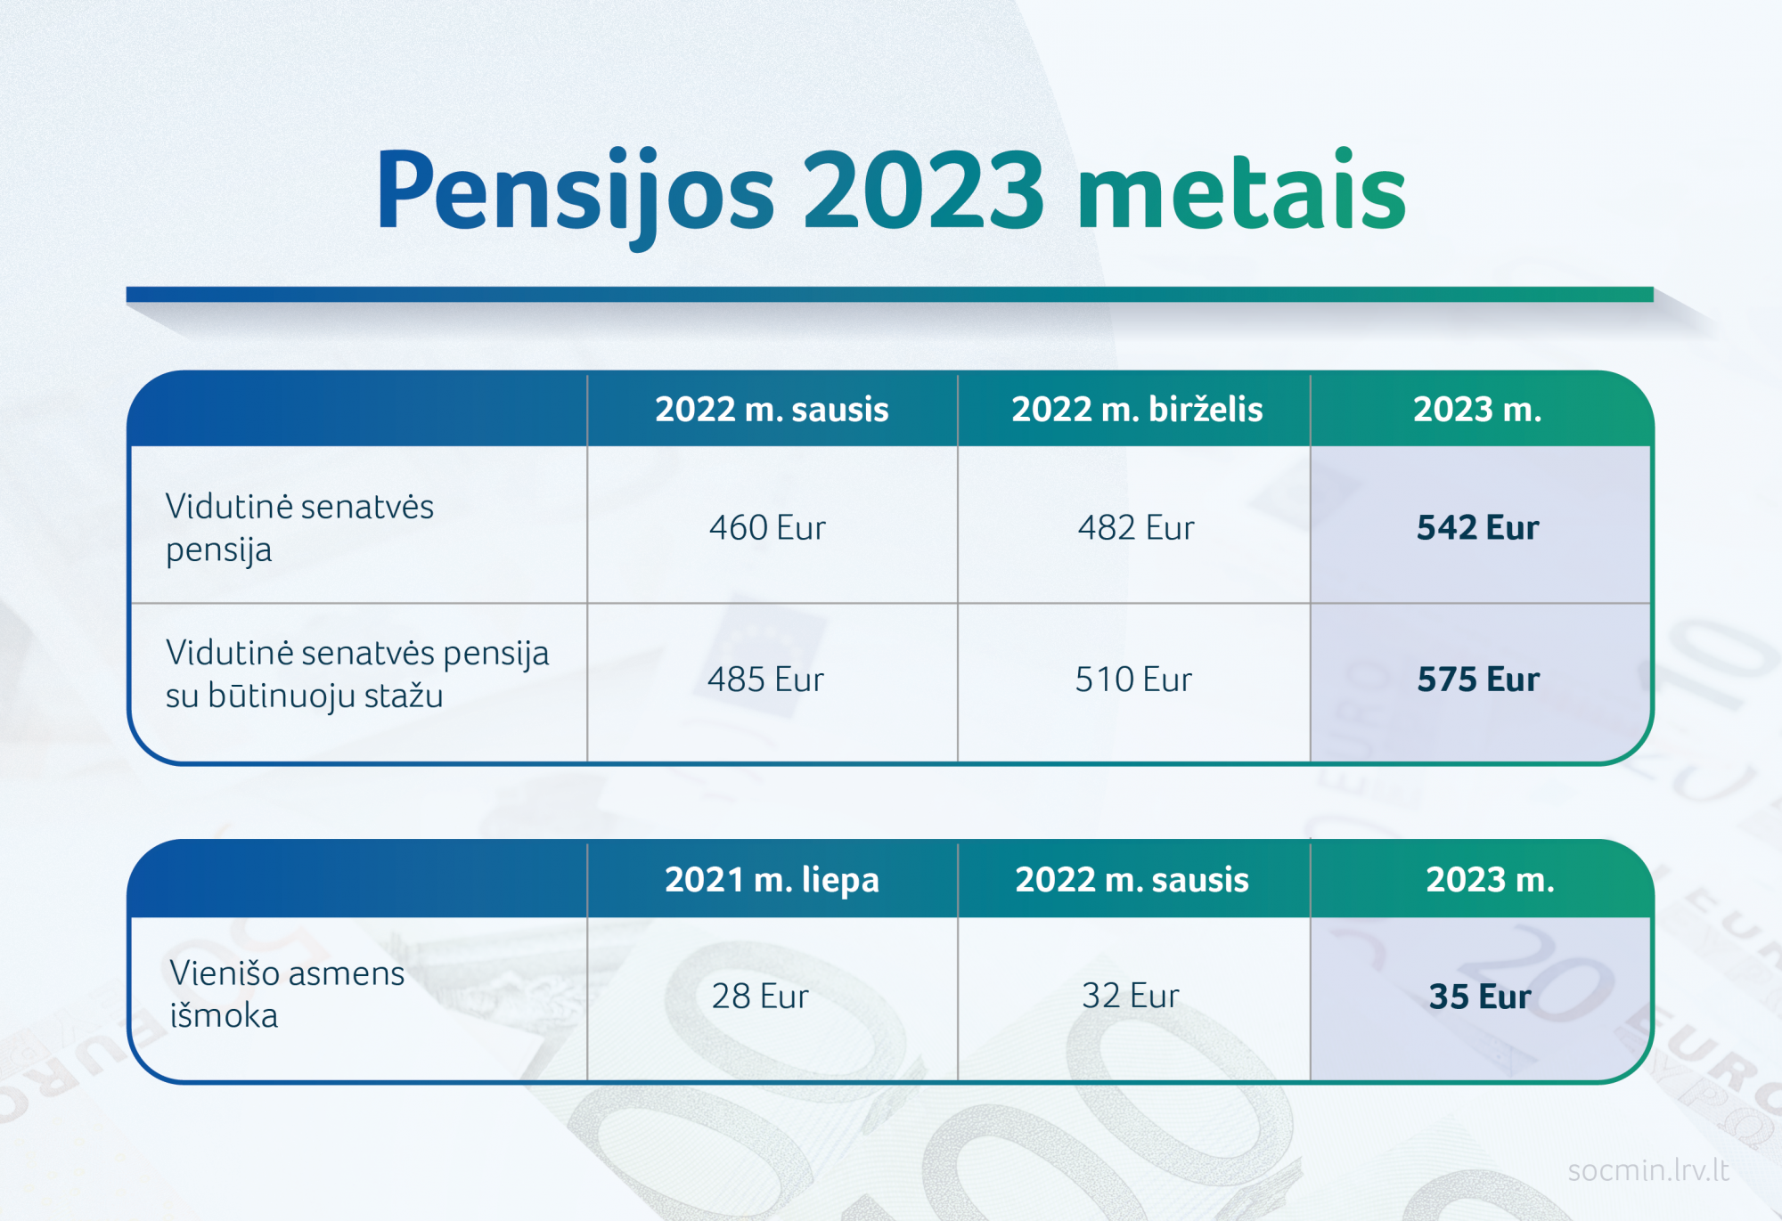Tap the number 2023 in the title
[x=924, y=190]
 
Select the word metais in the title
[x=1241, y=190]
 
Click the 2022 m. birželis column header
[x=1137, y=410]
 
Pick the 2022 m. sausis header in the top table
[x=772, y=410]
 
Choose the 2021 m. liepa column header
[x=772, y=880]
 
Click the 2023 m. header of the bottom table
[x=1490, y=880]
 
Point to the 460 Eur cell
[x=767, y=528]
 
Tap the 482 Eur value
[x=1136, y=528]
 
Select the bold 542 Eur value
[x=1478, y=528]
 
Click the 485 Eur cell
[x=765, y=680]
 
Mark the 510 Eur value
[x=1133, y=680]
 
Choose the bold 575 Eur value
[x=1478, y=680]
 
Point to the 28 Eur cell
[x=760, y=996]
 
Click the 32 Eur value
[x=1131, y=996]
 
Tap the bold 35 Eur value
[x=1480, y=997]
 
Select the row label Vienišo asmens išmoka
[x=287, y=994]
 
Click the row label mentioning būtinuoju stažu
[x=357, y=674]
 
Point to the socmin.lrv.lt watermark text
[x=1648, y=1170]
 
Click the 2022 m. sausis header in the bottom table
[x=1132, y=880]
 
